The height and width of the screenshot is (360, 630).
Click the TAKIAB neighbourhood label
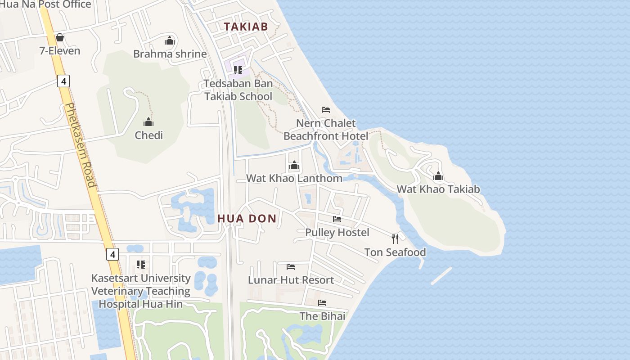[246, 27]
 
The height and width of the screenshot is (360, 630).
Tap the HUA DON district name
[247, 219]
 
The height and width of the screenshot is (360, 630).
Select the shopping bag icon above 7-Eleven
[59, 37]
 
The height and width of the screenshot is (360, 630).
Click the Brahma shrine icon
[170, 41]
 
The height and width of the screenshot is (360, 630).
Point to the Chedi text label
[148, 135]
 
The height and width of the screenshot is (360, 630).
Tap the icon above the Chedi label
[148, 122]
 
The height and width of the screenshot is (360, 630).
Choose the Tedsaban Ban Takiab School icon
[238, 70]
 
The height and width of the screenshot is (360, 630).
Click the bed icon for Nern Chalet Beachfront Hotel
[326, 110]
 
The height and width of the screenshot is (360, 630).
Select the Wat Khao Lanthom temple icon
[294, 166]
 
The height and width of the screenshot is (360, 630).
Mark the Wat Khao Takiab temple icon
[438, 176]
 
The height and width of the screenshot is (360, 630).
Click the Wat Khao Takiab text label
[438, 189]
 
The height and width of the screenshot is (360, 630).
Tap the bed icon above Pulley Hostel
[337, 219]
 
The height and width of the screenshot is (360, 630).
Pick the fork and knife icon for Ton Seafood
[395, 238]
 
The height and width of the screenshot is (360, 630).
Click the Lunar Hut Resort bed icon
[291, 267]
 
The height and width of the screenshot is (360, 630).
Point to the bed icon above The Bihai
[322, 303]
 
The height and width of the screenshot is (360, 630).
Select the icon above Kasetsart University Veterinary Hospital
[141, 265]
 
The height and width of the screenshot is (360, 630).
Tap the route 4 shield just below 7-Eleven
[63, 81]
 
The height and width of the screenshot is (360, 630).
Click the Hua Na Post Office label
[45, 4]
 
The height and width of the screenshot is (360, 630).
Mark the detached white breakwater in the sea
[441, 276]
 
